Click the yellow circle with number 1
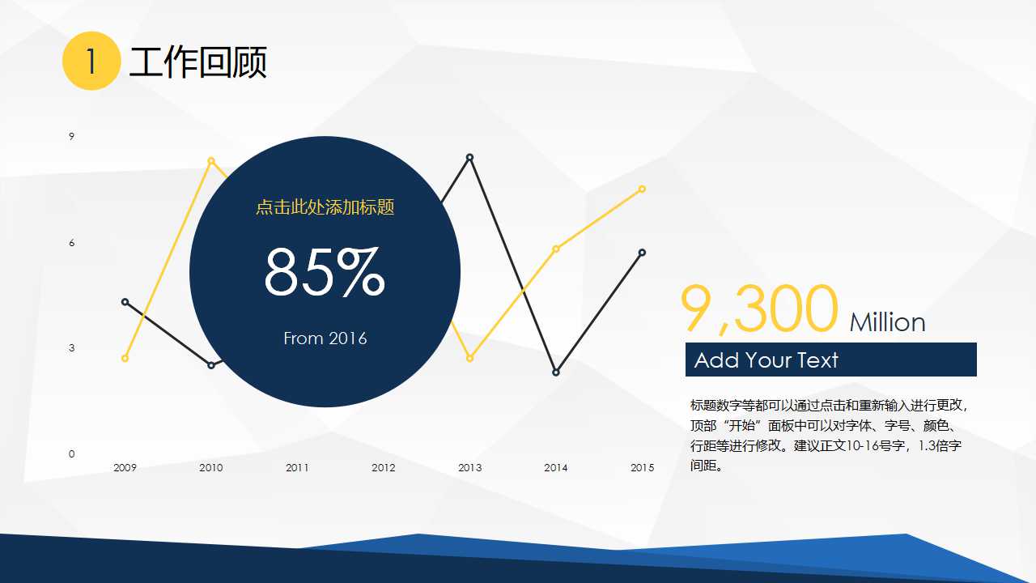91,61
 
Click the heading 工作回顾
197,62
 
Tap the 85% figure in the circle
325,273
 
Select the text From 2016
325,338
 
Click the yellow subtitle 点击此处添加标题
325,207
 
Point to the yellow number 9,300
758,309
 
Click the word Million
887,322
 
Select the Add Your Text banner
830,360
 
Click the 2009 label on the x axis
125,467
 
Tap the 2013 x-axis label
469,467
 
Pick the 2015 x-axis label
642,467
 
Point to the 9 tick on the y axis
71,136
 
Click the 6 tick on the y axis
71,243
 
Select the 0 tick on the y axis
71,453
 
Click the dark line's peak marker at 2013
469,157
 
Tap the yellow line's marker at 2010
211,160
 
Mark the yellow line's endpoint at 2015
642,189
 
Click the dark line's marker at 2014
556,372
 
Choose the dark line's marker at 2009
125,302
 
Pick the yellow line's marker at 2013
469,358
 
